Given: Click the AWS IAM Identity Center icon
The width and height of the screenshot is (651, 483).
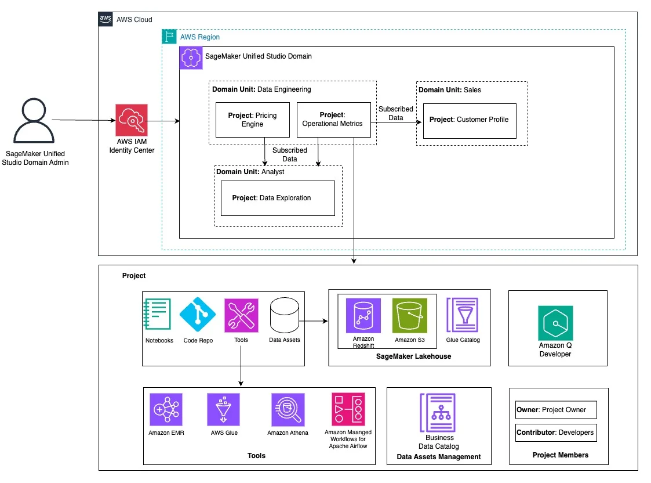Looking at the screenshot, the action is click(x=132, y=120).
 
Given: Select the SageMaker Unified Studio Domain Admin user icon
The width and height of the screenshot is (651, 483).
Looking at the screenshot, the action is click(x=34, y=121).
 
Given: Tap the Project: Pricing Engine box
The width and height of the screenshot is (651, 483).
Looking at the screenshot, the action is click(x=252, y=120).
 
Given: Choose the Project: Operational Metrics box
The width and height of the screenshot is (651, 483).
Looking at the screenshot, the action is click(x=334, y=120).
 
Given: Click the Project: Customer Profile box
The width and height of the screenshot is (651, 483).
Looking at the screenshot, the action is click(x=470, y=121).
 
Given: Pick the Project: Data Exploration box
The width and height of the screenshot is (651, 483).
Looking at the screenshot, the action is click(x=278, y=199).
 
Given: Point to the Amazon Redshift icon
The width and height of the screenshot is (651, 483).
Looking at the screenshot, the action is click(x=363, y=315).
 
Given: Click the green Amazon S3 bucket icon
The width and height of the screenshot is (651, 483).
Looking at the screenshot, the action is click(x=409, y=315).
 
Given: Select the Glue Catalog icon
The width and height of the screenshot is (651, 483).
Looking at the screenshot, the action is click(x=463, y=315).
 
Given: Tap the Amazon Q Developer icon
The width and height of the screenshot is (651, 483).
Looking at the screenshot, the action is click(x=555, y=323).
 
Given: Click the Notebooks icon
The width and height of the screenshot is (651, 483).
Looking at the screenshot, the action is click(x=157, y=314).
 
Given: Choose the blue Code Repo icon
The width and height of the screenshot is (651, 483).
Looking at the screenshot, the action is click(x=198, y=315).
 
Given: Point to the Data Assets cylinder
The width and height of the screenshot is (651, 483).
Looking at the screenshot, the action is click(x=285, y=315).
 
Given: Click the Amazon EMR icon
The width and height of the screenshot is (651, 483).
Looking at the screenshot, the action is click(x=166, y=409).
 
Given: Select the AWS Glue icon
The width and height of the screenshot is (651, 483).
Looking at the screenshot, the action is click(x=223, y=409).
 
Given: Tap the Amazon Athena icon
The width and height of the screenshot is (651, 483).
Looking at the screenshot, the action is click(x=288, y=409).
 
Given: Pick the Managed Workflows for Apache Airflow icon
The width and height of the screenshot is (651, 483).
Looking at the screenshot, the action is click(x=348, y=409).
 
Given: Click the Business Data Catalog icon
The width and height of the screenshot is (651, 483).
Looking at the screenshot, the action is click(x=438, y=413).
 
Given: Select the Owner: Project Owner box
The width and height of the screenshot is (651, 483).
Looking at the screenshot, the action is click(x=556, y=410).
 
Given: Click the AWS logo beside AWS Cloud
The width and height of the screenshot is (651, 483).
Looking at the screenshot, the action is click(x=106, y=19).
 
